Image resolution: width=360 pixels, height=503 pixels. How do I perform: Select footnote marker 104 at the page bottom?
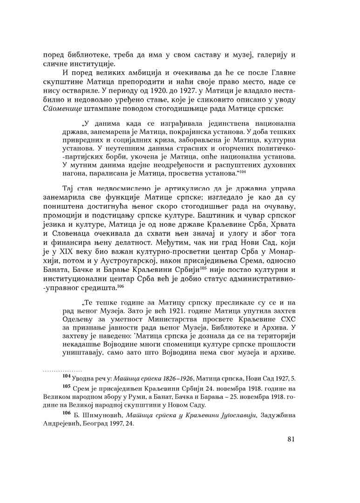[x=67, y=376]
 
